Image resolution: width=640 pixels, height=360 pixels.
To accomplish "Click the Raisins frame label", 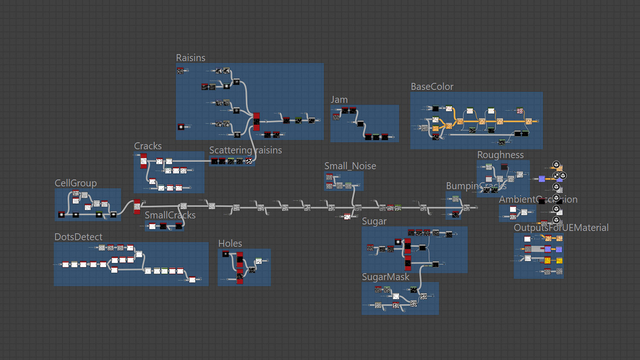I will tap(190, 58).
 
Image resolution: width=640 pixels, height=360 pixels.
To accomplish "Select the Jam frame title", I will tap(339, 100).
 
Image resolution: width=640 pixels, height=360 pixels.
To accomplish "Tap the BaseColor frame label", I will tap(432, 87).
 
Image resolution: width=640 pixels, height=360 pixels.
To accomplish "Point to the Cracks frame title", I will tap(148, 146).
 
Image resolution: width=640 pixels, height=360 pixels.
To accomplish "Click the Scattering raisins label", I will tap(245, 150).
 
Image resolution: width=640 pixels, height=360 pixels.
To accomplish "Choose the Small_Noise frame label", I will tap(350, 166).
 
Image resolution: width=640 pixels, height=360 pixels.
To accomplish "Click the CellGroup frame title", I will tap(76, 183).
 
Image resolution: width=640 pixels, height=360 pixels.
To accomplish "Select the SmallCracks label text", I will tap(170, 215).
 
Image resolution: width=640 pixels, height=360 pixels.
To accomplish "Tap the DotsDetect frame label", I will tap(78, 237).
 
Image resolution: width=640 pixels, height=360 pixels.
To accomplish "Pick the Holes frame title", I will tap(230, 244).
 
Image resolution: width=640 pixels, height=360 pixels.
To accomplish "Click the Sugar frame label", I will tap(374, 221).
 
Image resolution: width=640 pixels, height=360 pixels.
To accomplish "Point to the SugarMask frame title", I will tap(385, 277).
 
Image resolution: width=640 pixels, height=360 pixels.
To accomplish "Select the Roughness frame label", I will tap(500, 155).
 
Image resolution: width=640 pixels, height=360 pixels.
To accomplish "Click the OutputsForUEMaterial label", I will tap(561, 228).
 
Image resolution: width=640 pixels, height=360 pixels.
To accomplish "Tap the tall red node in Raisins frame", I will tap(256, 122).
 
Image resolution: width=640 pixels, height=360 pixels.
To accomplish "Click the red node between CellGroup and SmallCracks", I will tap(137, 206).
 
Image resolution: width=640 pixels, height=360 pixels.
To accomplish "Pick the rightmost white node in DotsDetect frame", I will tap(192, 279).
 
